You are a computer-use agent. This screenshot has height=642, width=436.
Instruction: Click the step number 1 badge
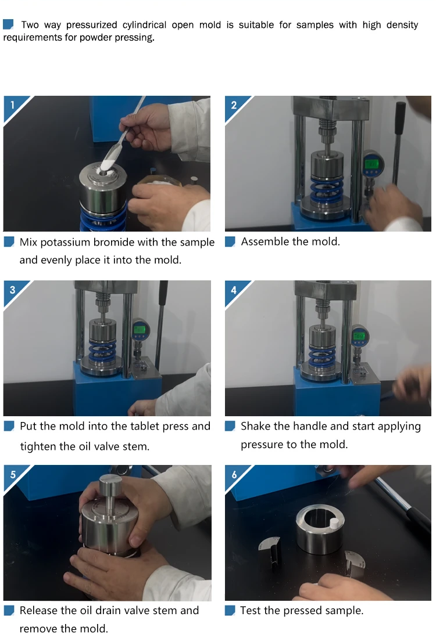tap(12, 105)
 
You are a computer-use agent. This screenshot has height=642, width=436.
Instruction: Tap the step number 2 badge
tap(234, 105)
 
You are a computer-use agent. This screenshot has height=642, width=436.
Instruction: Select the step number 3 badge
tap(12, 290)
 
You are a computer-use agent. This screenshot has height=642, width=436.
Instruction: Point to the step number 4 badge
tap(234, 290)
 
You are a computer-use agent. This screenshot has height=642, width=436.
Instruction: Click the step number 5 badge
tap(12, 474)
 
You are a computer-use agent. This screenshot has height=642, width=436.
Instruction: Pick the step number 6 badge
tap(234, 474)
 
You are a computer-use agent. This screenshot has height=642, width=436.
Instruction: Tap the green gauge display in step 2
tap(372, 164)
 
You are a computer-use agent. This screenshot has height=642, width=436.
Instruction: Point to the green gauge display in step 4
tap(359, 336)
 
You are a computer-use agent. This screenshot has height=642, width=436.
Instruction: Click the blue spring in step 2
tap(326, 190)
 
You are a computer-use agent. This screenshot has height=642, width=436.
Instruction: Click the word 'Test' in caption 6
tap(250, 611)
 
